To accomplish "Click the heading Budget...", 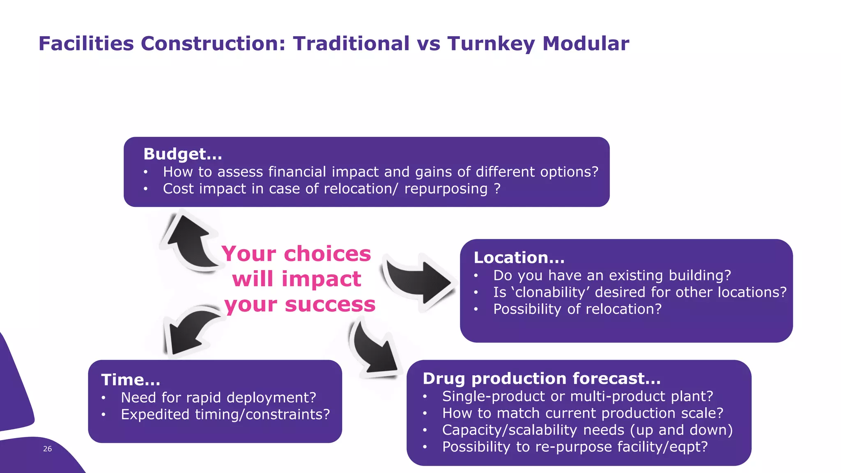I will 182,154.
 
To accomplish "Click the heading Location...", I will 519,257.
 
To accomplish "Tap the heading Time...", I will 130,379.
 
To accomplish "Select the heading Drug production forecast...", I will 541,378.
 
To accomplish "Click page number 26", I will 48,449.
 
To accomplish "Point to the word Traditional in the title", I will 351,44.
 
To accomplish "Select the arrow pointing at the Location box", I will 419,281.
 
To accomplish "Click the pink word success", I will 330,305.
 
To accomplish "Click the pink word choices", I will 327,254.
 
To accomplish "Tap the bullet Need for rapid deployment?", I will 218,397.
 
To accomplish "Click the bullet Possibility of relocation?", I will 577,309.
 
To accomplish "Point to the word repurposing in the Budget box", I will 446,189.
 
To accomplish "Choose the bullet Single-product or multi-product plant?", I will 577,396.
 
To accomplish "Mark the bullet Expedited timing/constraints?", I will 225,414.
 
